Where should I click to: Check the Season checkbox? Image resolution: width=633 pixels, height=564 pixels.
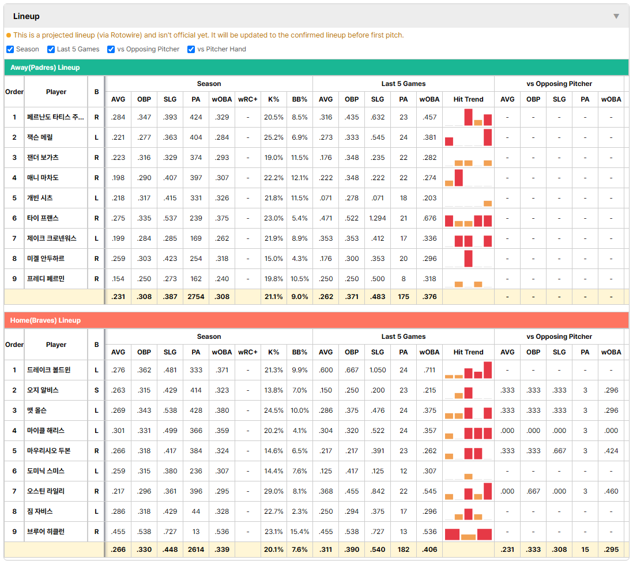pyautogui.click(x=10, y=49)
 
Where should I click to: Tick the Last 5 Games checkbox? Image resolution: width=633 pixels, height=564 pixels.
pyautogui.click(x=51, y=49)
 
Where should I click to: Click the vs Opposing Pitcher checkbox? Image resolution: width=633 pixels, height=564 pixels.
pyautogui.click(x=111, y=49)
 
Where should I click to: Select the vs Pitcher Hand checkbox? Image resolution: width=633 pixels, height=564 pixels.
pyautogui.click(x=191, y=49)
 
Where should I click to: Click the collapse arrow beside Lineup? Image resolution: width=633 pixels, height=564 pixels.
pyautogui.click(x=616, y=16)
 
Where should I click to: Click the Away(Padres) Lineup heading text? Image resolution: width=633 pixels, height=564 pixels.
pyautogui.click(x=45, y=68)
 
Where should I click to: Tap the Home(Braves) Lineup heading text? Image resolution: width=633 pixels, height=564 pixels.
pyautogui.click(x=45, y=320)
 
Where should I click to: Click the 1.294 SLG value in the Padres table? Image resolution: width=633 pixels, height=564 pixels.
pyautogui.click(x=378, y=218)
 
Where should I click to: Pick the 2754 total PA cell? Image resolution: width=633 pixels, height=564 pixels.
pyautogui.click(x=196, y=297)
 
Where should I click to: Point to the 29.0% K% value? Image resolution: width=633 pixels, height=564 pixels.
pyautogui.click(x=274, y=491)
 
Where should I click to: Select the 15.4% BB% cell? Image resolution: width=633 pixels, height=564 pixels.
pyautogui.click(x=300, y=532)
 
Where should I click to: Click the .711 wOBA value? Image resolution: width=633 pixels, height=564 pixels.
pyautogui.click(x=429, y=370)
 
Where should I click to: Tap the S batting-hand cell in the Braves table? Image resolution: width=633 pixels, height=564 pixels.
pyautogui.click(x=96, y=390)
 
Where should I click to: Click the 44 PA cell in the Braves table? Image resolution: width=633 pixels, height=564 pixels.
pyautogui.click(x=196, y=511)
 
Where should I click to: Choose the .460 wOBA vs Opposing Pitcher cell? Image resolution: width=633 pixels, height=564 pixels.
pyautogui.click(x=611, y=491)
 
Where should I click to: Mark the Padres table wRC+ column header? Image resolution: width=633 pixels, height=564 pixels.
pyautogui.click(x=247, y=99)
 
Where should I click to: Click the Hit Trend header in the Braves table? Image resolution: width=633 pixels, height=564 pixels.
pyautogui.click(x=468, y=352)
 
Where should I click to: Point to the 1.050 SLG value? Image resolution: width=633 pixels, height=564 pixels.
pyautogui.click(x=378, y=370)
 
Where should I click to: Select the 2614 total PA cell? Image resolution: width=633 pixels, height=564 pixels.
pyautogui.click(x=196, y=550)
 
